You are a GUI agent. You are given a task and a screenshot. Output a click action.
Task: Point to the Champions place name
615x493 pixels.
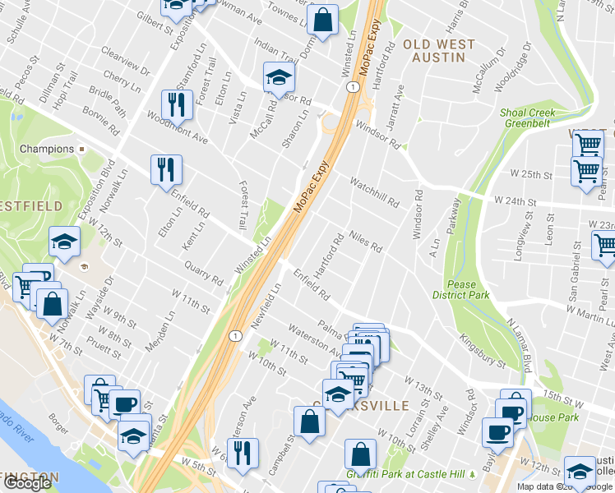pos(46,150)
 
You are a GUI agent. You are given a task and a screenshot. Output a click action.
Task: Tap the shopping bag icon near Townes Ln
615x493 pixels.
pos(324,21)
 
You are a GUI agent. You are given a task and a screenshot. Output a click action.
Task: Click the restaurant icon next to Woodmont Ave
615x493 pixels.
pos(176,104)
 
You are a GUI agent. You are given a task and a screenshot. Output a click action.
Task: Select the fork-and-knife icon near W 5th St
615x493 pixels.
pos(243,454)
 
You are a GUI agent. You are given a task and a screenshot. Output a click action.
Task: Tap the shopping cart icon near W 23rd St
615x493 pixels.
pos(604,245)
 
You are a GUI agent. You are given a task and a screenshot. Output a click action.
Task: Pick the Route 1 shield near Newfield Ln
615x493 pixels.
pos(235,335)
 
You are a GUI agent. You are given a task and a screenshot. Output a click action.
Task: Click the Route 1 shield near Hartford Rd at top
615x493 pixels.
pos(352,87)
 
